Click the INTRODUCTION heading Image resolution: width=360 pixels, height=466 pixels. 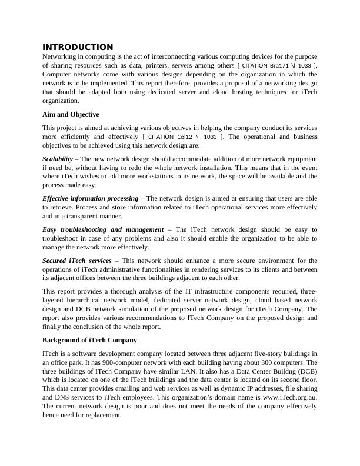[x=78, y=47]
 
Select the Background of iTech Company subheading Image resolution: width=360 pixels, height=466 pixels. [x=89, y=340]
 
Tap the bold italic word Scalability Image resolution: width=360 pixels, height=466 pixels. [x=58, y=159]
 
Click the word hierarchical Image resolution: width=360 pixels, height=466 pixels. [x=84, y=300]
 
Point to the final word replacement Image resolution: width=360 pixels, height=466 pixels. [x=102, y=415]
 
